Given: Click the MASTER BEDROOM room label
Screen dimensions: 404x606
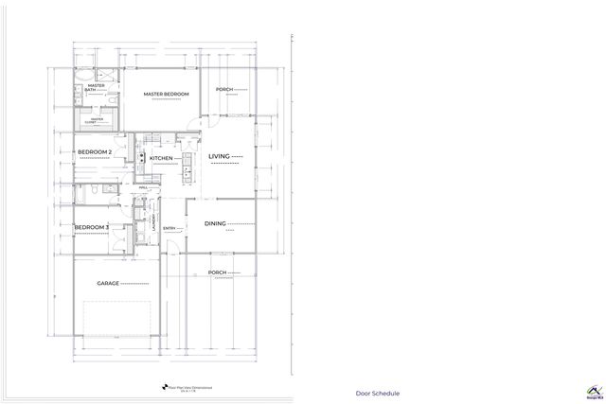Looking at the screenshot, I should tap(167, 95).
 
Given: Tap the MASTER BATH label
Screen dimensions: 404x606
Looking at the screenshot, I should tap(96, 88).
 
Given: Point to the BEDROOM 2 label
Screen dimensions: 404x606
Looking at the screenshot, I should tap(95, 152).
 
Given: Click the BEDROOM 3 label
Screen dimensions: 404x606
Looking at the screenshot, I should tap(93, 227).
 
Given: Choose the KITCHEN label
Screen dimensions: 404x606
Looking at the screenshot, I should tap(161, 158).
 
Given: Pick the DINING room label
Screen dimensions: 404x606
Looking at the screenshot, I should tap(216, 224).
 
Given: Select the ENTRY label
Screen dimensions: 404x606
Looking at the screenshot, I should tap(169, 228).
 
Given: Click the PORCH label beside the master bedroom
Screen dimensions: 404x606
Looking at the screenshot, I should tap(224, 90).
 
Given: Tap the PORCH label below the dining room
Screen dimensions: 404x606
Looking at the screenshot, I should tap(217, 272).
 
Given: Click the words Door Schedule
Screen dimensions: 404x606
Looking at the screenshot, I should tap(378, 393).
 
